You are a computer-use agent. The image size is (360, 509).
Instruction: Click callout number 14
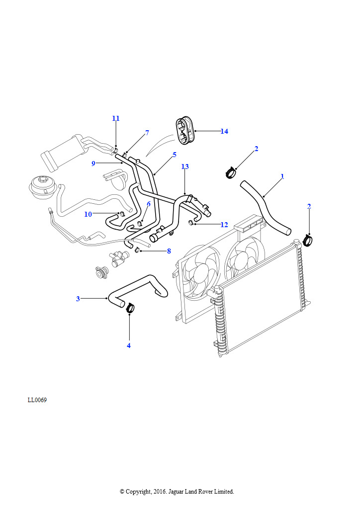tap(224, 131)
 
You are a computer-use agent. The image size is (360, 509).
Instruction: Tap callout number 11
tap(116, 118)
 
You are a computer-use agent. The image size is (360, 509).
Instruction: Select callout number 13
tap(185, 167)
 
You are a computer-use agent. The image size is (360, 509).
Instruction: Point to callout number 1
tap(282, 176)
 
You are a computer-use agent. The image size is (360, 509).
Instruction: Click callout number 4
tap(129, 345)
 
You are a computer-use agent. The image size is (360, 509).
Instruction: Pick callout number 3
tap(78, 299)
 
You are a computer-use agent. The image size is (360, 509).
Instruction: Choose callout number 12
tap(224, 225)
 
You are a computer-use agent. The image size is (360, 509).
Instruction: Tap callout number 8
tap(169, 251)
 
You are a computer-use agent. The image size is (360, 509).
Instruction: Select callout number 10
tap(88, 214)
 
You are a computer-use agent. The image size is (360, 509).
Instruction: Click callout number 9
tap(93, 163)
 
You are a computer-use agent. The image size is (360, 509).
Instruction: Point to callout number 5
tap(175, 155)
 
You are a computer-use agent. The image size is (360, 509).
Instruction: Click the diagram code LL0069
tap(37, 400)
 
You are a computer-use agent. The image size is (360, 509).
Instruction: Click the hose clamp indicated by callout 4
tap(131, 308)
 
